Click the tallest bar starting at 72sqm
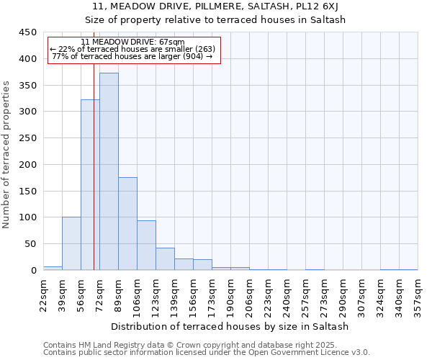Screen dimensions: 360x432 tap(109, 171)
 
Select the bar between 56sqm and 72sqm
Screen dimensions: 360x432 tap(90, 185)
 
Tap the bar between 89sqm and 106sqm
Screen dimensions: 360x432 tap(127, 224)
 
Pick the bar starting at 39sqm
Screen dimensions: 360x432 tap(71, 243)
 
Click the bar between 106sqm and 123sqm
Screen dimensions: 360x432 tap(146, 246)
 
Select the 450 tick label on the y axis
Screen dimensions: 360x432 tap(28, 32)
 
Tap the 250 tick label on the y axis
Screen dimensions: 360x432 tap(28, 138)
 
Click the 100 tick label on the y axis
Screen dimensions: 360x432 tap(28, 217)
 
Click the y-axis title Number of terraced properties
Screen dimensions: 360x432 tap(6, 155)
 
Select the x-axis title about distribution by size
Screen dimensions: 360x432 tap(230, 326)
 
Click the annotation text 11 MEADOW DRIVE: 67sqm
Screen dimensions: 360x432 tap(133, 42)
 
